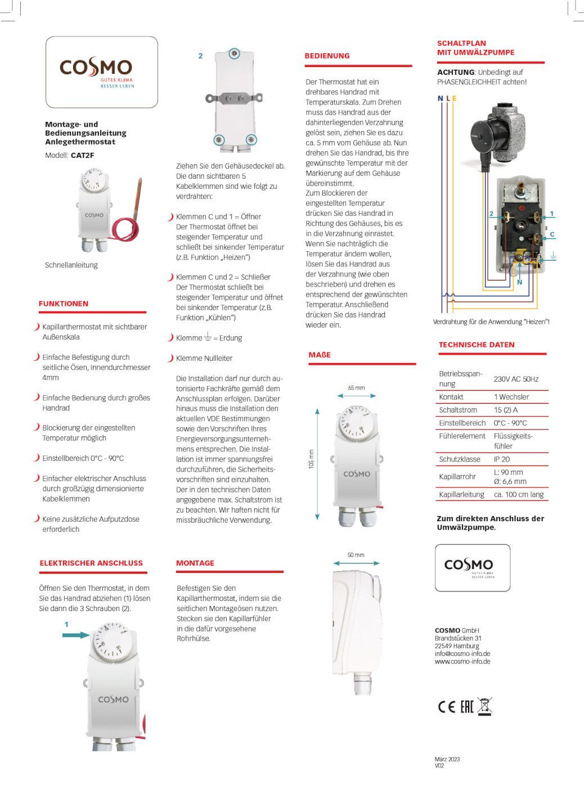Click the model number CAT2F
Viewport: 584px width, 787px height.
pos(82,156)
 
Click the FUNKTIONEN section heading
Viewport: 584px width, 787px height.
pos(64,304)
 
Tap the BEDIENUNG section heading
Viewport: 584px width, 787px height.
pos(327,56)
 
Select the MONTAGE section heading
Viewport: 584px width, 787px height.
pos(195,563)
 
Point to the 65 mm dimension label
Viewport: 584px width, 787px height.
pos(356,388)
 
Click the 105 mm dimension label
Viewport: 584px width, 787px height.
pos(311,459)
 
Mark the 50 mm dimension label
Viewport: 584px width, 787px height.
pos(356,555)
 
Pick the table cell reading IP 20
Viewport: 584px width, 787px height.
pos(502,459)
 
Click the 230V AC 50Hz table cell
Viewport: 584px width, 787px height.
pos(516,379)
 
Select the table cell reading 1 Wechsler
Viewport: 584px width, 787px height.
pos(511,397)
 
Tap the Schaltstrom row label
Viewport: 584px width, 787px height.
pos(458,410)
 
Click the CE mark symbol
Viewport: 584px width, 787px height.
pos(446,707)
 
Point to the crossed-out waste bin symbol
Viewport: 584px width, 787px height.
pos(484,706)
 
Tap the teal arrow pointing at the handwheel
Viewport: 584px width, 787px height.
pos(76,635)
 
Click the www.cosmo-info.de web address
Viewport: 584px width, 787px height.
pos(462,662)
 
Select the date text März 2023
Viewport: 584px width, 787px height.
pos(447,759)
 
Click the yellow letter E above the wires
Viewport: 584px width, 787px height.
pos(454,98)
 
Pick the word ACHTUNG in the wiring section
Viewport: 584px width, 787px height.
pos(456,72)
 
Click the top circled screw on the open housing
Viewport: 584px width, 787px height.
pos(234,54)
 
